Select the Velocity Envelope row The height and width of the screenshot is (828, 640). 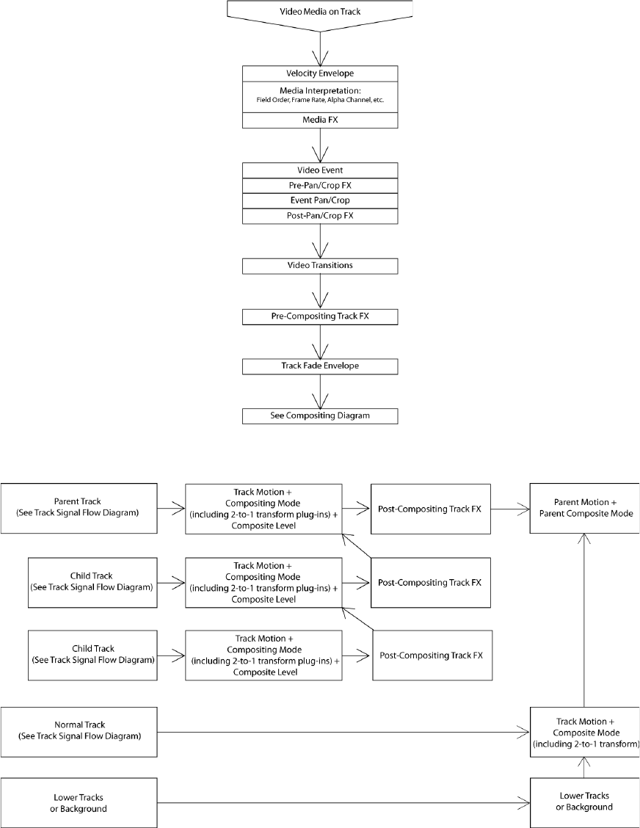coord(320,74)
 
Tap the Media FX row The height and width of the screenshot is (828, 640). coord(320,120)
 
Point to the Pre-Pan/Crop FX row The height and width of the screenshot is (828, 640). coord(320,186)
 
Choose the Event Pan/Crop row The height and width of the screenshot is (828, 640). coord(320,200)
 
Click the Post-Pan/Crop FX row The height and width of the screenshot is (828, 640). coord(320,216)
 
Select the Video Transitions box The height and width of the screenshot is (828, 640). coord(320,266)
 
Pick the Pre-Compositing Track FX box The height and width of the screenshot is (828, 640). coord(320,317)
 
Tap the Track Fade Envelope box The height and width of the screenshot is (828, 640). coord(320,366)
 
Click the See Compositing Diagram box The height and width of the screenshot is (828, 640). coord(320,416)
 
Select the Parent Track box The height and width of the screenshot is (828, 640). coord(79,508)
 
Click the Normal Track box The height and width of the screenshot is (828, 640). coord(79,732)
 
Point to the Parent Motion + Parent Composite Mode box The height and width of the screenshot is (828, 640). coord(584,508)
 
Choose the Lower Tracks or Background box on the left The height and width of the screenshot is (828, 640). coord(79,802)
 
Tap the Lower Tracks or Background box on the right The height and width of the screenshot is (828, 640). coord(584,802)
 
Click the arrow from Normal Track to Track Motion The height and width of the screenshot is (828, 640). coord(343,732)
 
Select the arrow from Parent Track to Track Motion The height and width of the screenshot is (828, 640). coord(171,509)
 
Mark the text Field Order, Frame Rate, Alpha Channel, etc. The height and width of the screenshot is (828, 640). coord(320,101)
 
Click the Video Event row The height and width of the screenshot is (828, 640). coord(320,170)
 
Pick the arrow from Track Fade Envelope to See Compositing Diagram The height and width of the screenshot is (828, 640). coord(320,391)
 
